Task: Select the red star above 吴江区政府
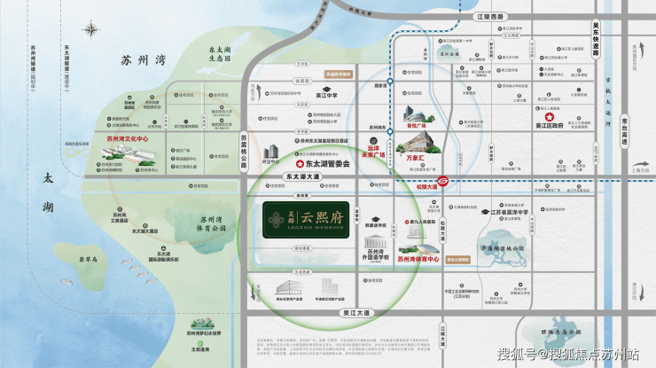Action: coord(549,117)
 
